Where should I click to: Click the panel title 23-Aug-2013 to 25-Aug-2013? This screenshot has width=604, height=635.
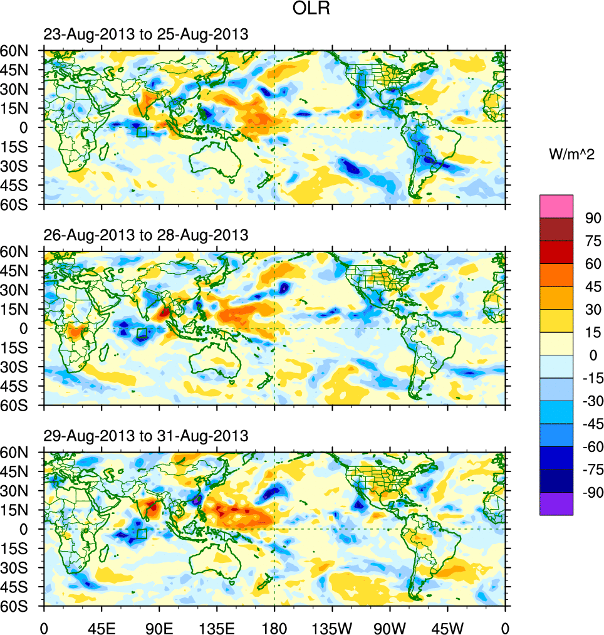[x=146, y=34]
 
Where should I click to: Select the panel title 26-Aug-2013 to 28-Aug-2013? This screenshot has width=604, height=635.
[x=146, y=235]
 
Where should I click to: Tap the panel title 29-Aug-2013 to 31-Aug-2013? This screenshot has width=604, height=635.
[x=146, y=435]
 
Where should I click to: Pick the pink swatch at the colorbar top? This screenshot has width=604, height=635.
[x=556, y=206]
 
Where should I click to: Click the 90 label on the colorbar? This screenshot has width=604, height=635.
[x=593, y=218]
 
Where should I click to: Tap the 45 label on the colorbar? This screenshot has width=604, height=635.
[x=593, y=286]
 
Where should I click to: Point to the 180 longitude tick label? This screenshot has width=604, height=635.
[x=274, y=627]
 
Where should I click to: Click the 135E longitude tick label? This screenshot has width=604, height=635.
[x=217, y=627]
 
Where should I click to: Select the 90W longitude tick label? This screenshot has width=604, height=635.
[x=390, y=627]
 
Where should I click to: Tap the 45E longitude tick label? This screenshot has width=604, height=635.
[x=102, y=627]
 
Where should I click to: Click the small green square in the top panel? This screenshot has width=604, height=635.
[x=142, y=132]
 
